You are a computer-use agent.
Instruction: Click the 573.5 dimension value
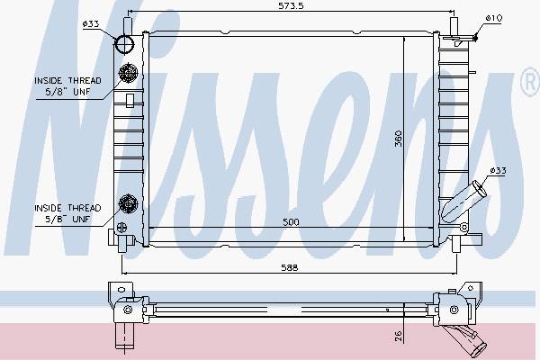291,6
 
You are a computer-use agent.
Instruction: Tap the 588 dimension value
289,267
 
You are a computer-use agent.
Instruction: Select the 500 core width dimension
291,222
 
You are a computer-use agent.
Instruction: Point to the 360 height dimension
398,139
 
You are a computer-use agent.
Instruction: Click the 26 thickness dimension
398,337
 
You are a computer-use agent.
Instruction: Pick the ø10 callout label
494,18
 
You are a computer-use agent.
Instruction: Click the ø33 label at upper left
91,23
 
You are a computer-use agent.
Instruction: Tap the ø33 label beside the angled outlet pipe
498,170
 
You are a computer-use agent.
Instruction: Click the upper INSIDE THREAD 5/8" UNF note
67,86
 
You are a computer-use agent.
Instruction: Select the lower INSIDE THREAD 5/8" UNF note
67,213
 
